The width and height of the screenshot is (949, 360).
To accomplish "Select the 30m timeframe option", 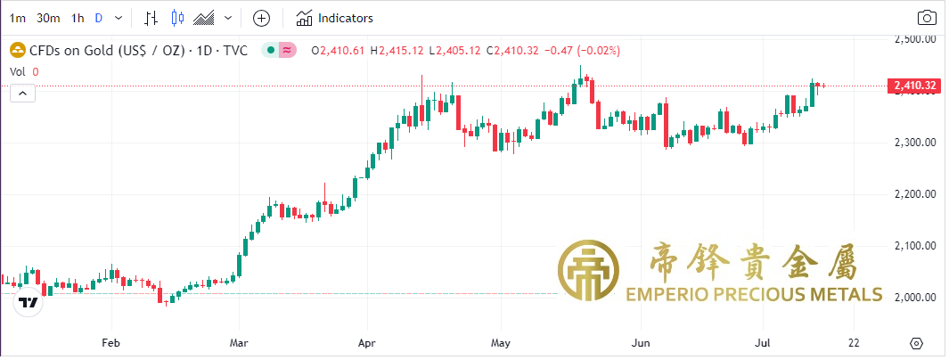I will (48, 18).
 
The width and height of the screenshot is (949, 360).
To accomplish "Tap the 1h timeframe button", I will (78, 18).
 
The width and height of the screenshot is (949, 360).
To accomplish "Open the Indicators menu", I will (335, 18).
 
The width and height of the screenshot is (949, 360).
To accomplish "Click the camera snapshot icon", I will (927, 18).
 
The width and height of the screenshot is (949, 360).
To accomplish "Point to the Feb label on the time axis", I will (110, 342).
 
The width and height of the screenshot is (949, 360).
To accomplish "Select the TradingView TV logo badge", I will (29, 303).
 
